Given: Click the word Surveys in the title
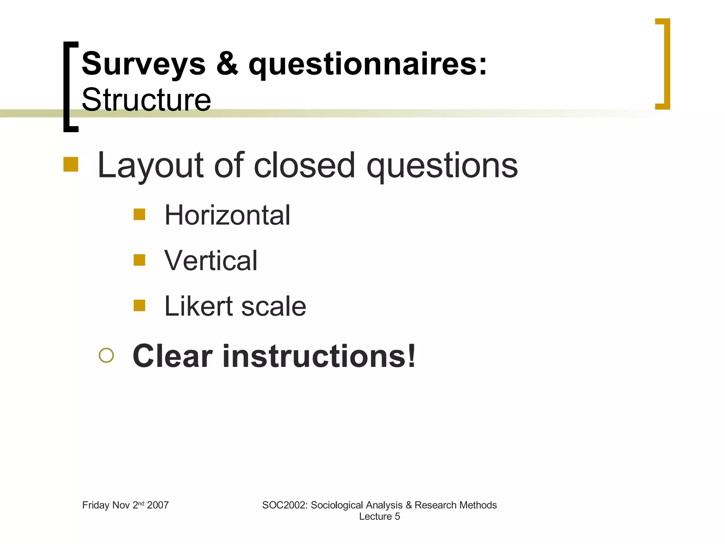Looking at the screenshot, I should point(143,64).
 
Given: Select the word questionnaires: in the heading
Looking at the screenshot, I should point(367,64).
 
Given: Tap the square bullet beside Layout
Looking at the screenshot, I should point(71,164).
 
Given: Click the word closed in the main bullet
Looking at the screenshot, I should point(304,165).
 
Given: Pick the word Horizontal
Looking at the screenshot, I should point(227,215).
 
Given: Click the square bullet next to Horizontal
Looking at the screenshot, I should point(139,214).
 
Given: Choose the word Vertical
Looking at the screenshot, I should point(211,260).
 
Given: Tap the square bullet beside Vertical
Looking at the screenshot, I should point(139,260).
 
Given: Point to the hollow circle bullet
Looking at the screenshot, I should point(106,355).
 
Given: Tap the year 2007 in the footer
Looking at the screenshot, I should point(158,505).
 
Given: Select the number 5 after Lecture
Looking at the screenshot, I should point(397,516).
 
